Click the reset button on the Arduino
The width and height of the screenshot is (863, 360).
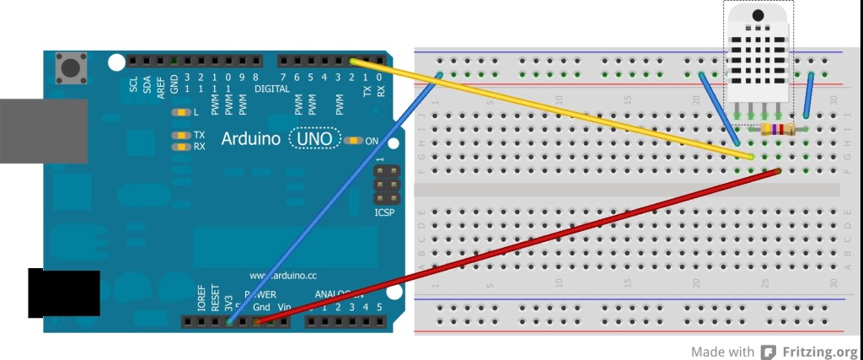tap(72, 66)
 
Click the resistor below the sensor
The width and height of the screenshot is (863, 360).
tap(778, 129)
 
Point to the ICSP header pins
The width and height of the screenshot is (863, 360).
tap(387, 183)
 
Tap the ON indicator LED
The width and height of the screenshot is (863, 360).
tap(352, 140)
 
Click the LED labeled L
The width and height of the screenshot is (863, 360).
tap(179, 112)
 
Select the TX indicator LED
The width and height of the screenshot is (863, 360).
tap(179, 135)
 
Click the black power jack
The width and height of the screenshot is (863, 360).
tap(63, 293)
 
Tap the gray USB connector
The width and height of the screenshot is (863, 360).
tap(42, 131)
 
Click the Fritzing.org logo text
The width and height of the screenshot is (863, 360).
tap(818, 352)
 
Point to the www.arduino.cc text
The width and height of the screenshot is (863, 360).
tap(283, 276)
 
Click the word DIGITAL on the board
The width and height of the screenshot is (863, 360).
tap(272, 89)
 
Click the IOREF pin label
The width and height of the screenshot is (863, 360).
tap(201, 302)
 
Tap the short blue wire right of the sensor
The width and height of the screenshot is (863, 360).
tap(808, 95)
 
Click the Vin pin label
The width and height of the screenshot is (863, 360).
tap(285, 307)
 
